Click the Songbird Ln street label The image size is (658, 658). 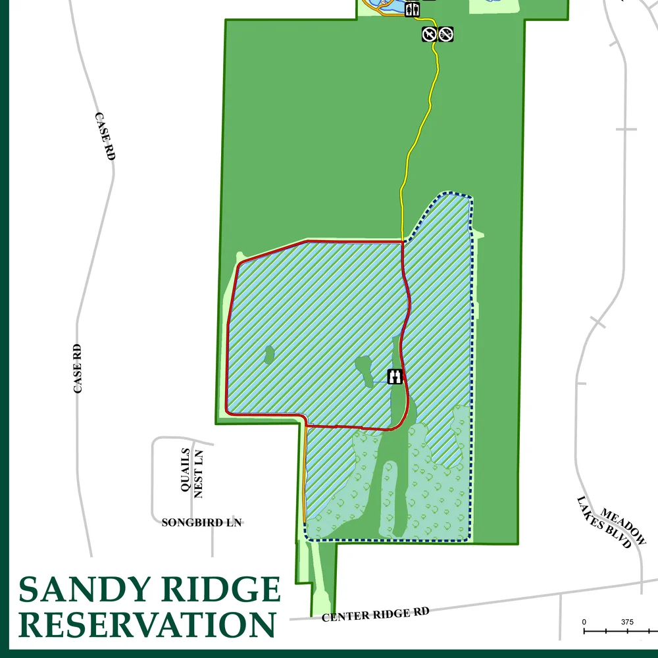(202, 523)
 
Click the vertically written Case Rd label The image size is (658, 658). (78, 368)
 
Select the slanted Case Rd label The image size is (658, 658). (105, 136)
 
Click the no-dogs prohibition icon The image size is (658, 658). (429, 34)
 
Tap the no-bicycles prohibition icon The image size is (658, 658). (446, 34)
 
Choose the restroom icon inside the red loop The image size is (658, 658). (395, 376)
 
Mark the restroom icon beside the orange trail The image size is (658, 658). (413, 9)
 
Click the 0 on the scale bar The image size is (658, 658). (584, 622)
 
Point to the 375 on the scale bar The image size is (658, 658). (627, 622)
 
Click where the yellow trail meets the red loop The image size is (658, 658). (402, 241)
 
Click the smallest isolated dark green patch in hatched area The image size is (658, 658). (268, 355)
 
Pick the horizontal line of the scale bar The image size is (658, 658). (619, 632)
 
